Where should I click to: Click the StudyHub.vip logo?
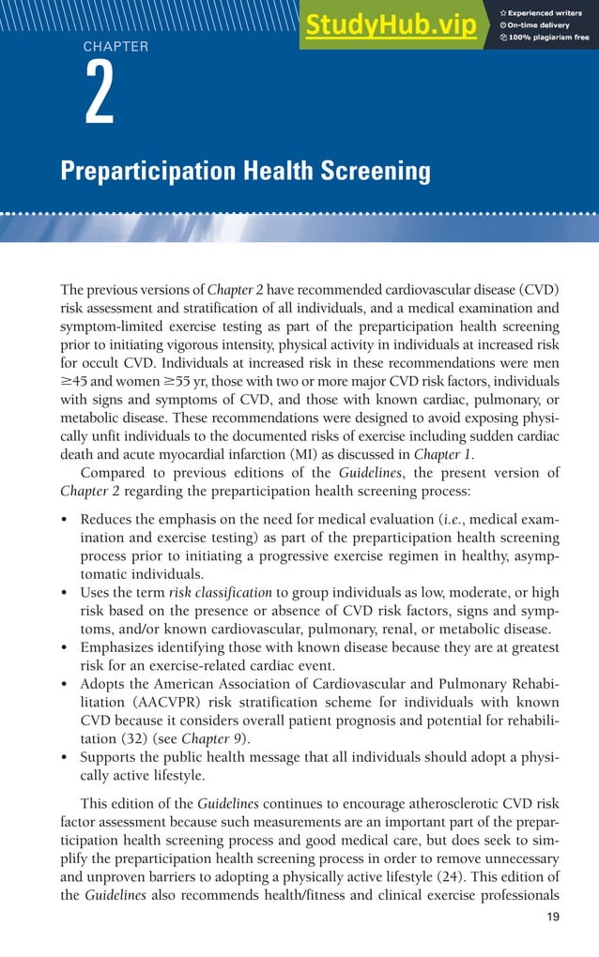(x=391, y=25)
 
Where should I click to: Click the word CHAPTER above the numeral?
(x=115, y=46)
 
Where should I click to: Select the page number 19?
(x=552, y=917)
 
